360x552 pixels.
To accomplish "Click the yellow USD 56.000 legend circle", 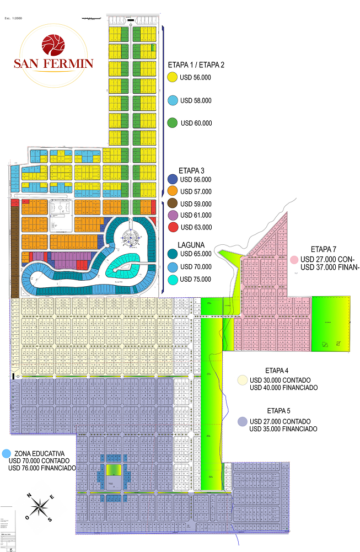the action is pos(172,78).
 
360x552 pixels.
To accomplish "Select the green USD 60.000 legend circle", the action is pos(172,123).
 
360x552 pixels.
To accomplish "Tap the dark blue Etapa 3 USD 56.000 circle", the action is pos(172,179).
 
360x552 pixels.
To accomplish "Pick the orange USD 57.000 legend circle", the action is pos(172,191).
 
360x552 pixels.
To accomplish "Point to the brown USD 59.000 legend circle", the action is pos(172,203).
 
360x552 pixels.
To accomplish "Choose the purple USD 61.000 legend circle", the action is pos(172,215).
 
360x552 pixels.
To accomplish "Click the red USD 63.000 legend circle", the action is pos(172,227).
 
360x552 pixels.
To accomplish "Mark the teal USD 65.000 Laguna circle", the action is pos(172,254).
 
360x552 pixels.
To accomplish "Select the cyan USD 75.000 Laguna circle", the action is pos(172,280).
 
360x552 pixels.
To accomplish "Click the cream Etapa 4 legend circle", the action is pos(242,380).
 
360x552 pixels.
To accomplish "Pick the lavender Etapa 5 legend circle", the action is pos(242,422).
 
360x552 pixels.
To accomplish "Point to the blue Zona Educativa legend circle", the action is pos(6,453).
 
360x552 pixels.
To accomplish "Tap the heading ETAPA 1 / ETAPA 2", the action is pos(196,65).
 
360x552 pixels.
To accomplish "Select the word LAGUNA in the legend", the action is pos(191,244).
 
